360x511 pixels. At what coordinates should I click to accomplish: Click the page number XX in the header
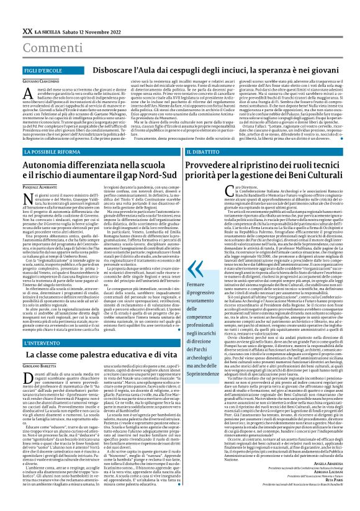pos(27,30)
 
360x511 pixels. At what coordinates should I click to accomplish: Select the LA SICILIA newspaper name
pos(48,30)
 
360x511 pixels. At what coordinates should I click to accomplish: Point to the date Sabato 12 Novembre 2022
pos(91,30)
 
